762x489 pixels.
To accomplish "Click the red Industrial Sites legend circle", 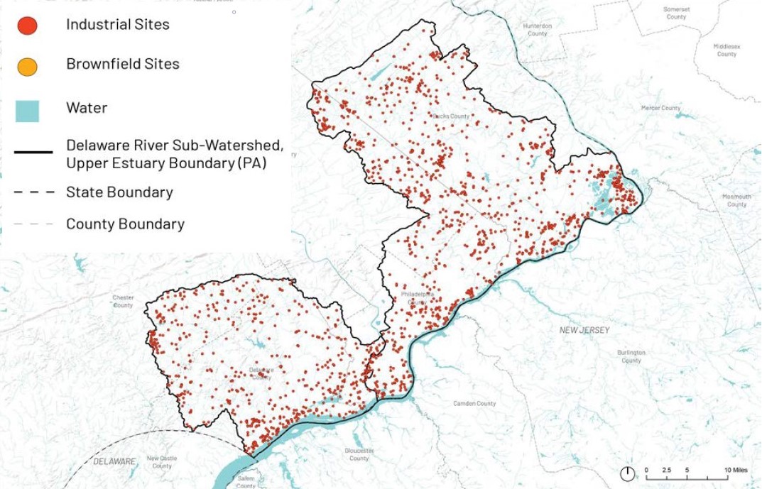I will click(27, 26).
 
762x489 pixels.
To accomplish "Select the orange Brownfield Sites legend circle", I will click(27, 67).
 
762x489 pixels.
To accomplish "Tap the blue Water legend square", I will click(27, 110).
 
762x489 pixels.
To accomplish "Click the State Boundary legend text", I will click(119, 192).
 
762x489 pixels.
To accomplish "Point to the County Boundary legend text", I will click(125, 224).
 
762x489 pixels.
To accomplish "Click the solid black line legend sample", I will click(33, 152).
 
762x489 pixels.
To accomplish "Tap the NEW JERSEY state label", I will click(584, 330).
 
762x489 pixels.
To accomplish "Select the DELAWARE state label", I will click(114, 461).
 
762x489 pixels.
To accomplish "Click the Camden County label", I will click(474, 403).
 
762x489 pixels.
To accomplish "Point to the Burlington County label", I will click(631, 356).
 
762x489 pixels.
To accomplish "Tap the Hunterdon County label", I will click(537, 30).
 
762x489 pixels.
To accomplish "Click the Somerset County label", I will click(676, 13).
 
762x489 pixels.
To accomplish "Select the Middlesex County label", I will click(726, 50).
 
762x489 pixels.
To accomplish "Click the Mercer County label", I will click(660, 108).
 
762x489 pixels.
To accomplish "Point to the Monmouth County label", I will click(736, 200).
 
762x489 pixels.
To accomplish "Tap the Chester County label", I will click(123, 302).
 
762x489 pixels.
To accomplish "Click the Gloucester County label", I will click(359, 454).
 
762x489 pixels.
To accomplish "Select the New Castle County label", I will click(162, 462).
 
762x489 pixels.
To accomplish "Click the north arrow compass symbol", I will click(628, 474).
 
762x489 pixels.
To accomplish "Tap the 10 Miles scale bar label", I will click(735, 471).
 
